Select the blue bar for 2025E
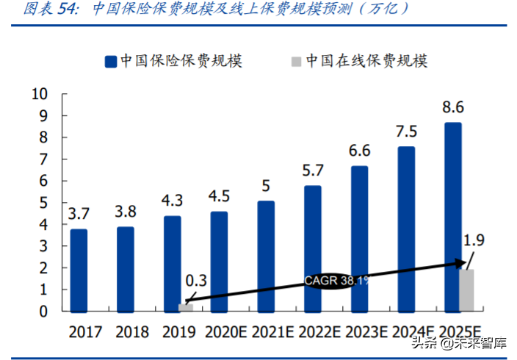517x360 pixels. point(453,217)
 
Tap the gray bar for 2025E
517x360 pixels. point(467,290)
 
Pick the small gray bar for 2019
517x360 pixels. point(187,307)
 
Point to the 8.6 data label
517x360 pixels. point(452,108)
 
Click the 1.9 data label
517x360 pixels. point(474,239)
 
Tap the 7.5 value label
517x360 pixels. point(405,132)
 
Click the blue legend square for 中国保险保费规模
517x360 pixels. point(111,61)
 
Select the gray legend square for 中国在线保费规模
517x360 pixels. point(294,61)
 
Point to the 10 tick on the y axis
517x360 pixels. point(40,94)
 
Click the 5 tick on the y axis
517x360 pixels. point(43,203)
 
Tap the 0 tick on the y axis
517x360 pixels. point(43,312)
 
